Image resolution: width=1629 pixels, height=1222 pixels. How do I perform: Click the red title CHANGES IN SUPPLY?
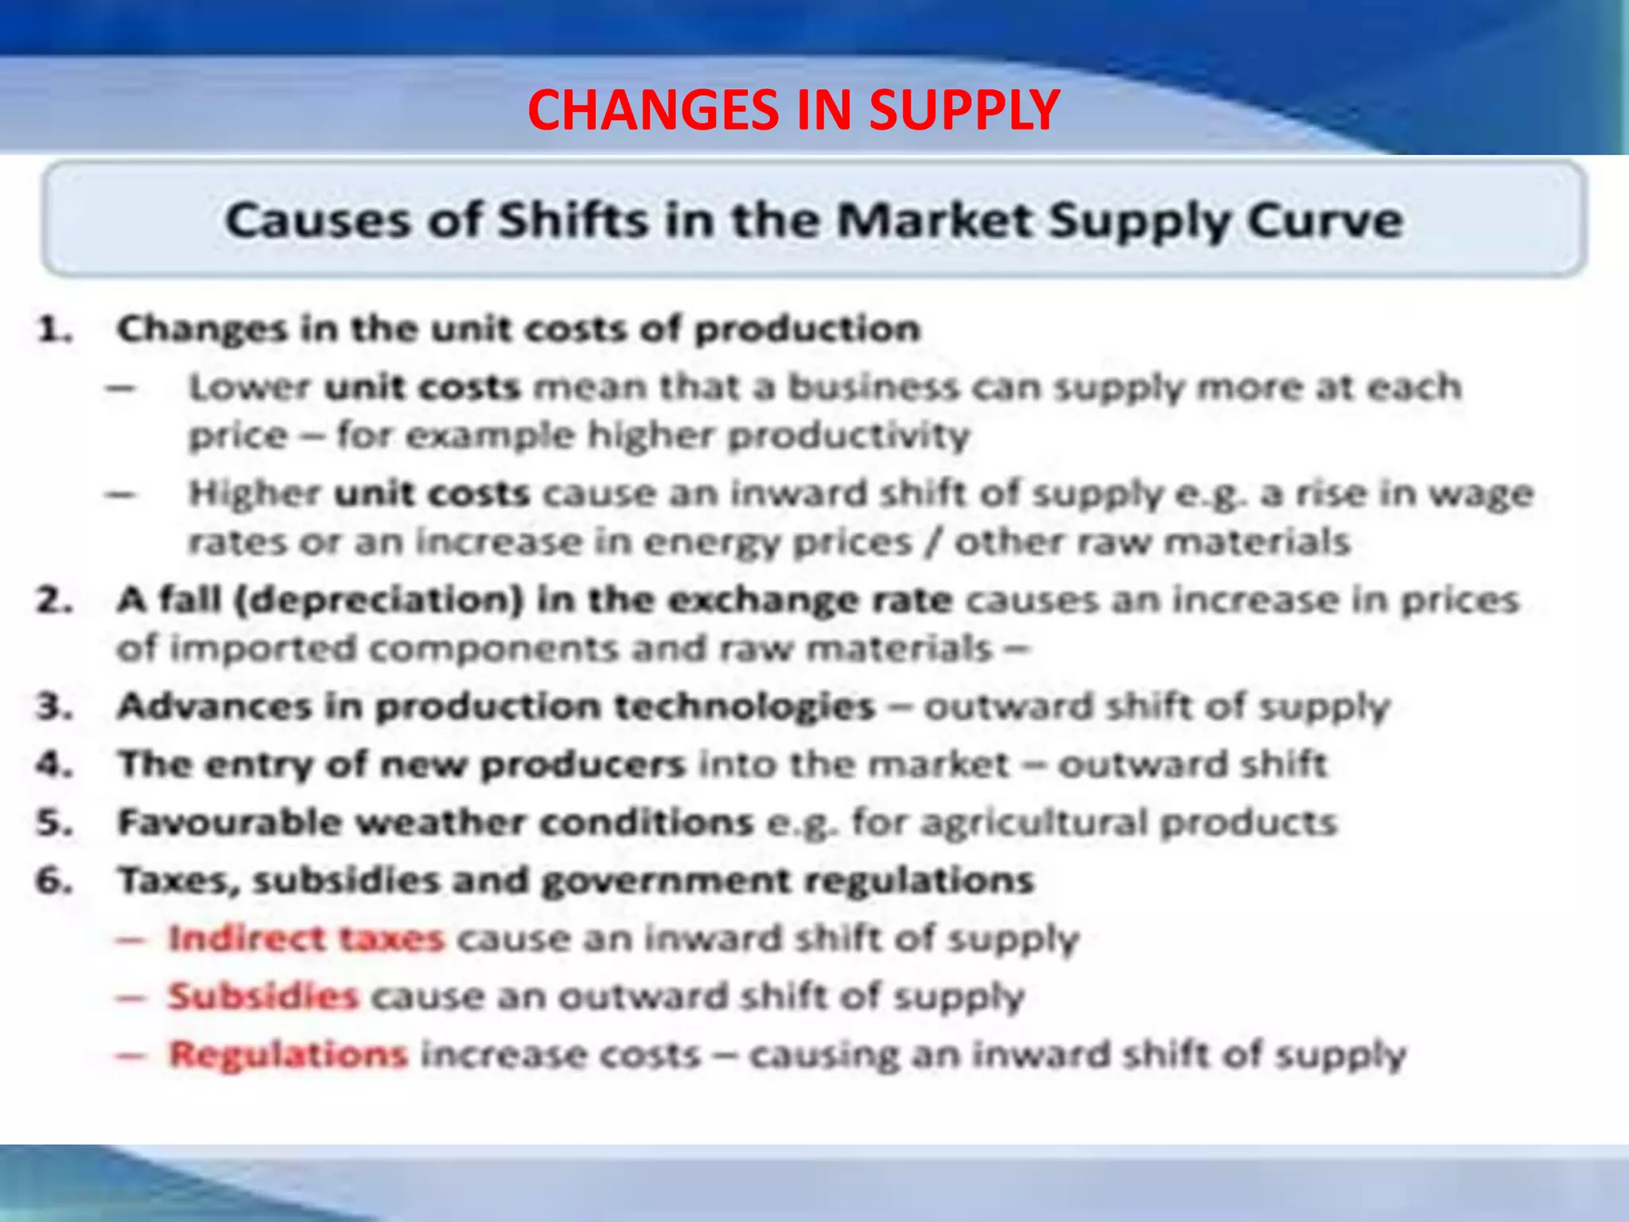click(x=793, y=110)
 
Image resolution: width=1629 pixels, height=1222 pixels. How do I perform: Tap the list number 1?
click(x=54, y=329)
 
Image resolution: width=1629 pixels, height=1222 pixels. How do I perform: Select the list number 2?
click(x=54, y=601)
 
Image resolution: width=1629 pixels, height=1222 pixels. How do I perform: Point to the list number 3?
click(x=54, y=706)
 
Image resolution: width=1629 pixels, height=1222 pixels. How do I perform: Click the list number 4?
click(x=54, y=765)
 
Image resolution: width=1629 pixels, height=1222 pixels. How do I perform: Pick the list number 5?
click(x=54, y=823)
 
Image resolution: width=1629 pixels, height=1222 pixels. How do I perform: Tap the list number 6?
click(x=54, y=881)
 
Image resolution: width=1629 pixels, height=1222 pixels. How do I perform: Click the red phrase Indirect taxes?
click(x=306, y=939)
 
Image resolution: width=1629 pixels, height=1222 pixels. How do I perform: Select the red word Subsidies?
click(x=263, y=996)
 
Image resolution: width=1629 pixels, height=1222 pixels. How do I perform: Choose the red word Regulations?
click(x=289, y=1055)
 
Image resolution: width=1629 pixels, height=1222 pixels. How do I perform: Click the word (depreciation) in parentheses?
click(x=379, y=601)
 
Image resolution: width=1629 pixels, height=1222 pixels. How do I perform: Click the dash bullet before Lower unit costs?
click(x=122, y=389)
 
